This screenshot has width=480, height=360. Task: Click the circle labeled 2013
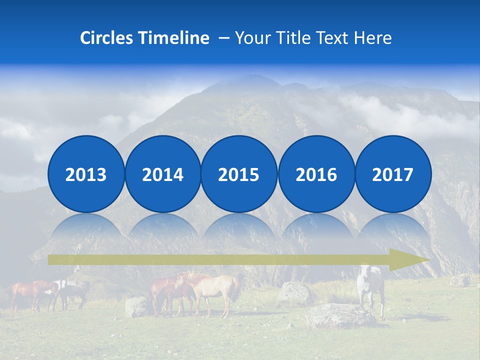pos(86,174)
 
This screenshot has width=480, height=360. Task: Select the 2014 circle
pos(162,174)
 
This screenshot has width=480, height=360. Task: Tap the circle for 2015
pos(239,174)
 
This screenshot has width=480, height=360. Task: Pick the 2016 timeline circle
pos(316,174)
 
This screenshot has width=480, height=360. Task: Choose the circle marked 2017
pos(392,174)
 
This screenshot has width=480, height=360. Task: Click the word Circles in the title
pos(107,38)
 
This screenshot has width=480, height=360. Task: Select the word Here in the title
pos(373,38)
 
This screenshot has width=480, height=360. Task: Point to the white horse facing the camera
pos(371,287)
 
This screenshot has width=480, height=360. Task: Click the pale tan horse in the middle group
pos(212,292)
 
